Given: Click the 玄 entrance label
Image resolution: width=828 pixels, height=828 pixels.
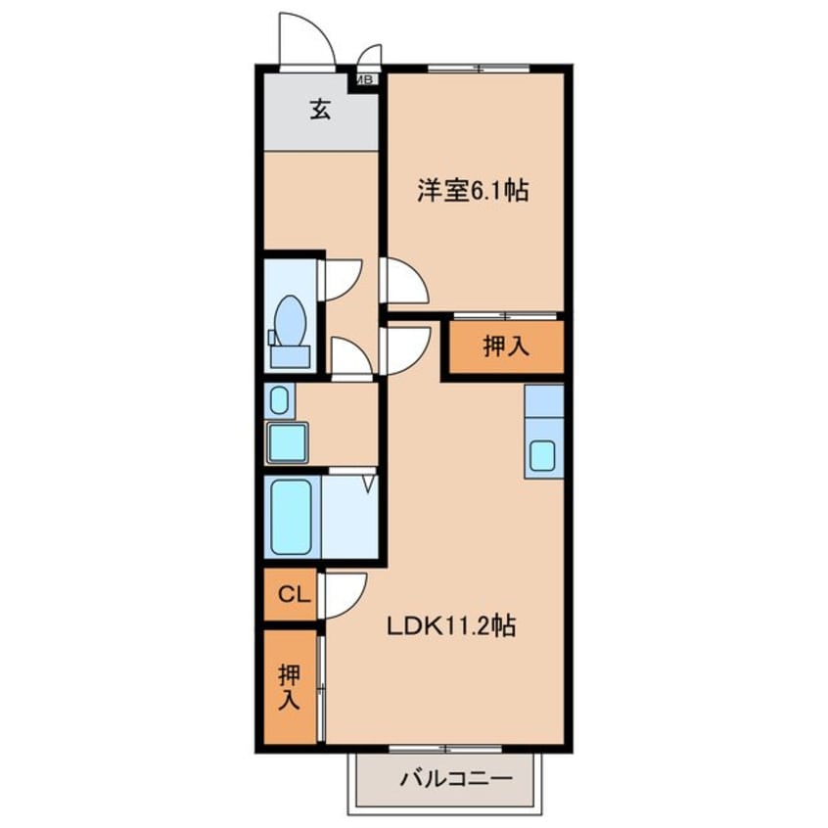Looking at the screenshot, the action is coord(321,110).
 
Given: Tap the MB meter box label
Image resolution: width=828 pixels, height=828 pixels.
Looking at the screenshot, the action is coord(366,80).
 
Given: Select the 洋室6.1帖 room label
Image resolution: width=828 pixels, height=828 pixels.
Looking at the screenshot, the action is coord(473,190).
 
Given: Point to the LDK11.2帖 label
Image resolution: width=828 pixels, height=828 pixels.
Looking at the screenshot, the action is coord(451,626).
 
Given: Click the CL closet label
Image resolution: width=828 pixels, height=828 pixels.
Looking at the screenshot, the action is coord(294,595).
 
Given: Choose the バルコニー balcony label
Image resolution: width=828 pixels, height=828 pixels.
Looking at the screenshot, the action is coord(456,779).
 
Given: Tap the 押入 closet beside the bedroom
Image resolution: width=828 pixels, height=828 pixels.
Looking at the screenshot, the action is coord(506,346).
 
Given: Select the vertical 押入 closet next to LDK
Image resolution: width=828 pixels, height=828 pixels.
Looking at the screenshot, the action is coord(290,686).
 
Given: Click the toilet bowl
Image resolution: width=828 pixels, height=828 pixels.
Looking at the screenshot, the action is coord(290,321).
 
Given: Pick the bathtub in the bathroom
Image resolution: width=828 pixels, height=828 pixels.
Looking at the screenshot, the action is coord(292,517).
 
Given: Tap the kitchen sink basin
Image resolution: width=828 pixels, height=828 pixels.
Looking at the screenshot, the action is coord(542,455).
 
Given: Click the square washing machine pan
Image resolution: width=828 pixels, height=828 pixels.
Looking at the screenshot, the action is coord(288,442).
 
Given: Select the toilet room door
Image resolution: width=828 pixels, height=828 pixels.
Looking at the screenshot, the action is coord(343,280).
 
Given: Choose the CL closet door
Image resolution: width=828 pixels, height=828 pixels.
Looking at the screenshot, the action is coord(345,596).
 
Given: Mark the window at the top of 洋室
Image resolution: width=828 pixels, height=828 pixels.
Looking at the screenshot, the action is coord(479,68).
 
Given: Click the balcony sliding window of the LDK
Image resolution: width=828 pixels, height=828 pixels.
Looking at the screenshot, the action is coord(445,749).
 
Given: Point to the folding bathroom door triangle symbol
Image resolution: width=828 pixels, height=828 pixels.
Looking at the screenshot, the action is coord(369,483).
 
